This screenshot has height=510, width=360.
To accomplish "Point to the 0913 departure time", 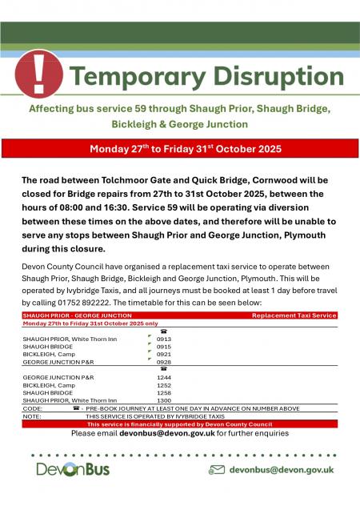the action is [x=164, y=339].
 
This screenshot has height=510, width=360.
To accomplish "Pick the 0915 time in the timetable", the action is [x=164, y=346].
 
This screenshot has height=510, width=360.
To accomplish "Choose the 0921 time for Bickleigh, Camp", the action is [x=164, y=354].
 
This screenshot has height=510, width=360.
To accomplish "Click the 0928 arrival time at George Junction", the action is [x=164, y=362].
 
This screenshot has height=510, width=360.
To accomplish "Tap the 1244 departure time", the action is [x=164, y=376].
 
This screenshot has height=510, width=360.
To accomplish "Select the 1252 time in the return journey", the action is [x=164, y=384].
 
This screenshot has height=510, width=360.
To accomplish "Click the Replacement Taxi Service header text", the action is [x=294, y=316].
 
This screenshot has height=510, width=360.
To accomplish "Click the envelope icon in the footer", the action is [x=216, y=470].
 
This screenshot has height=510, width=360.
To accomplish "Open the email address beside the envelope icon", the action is [x=282, y=470].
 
